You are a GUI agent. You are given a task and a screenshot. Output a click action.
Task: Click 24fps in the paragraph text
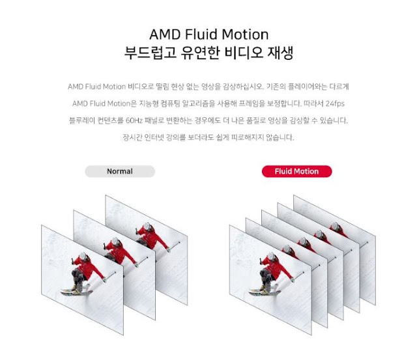(x=338, y=104)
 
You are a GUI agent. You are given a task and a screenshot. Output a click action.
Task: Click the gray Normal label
(x=119, y=172)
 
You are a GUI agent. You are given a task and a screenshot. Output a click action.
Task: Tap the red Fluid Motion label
(x=296, y=172)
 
